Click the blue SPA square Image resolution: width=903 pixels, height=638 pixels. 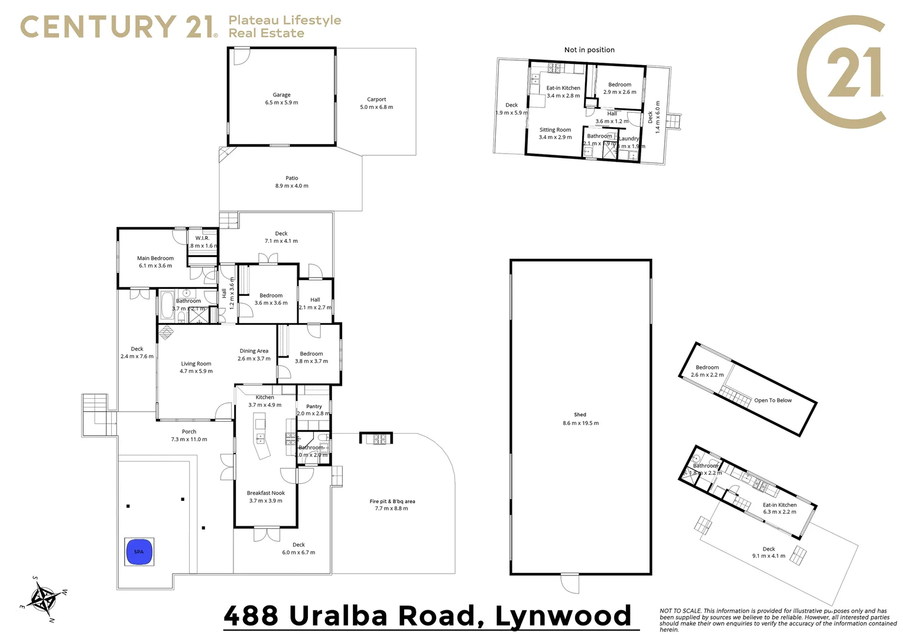click(x=139, y=552)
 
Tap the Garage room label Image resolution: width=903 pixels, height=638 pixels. click(x=281, y=99)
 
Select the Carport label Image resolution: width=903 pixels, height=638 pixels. click(x=376, y=103)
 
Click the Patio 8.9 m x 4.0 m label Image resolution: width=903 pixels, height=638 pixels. click(x=291, y=182)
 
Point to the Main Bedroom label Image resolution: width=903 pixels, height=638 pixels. click(x=155, y=262)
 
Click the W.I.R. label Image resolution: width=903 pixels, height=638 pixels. click(x=203, y=239)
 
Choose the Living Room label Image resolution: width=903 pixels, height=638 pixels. click(x=196, y=367)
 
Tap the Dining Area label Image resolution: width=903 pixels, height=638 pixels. click(x=254, y=354)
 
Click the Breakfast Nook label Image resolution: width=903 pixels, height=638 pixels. click(x=265, y=496)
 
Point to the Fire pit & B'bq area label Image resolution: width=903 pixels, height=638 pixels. click(x=392, y=504)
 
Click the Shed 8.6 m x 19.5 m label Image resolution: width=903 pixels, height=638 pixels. click(x=580, y=419)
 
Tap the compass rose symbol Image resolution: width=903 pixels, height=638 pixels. click(x=43, y=598)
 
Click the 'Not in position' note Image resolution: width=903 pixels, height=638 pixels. click(x=589, y=50)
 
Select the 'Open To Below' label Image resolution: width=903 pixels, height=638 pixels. click(x=772, y=401)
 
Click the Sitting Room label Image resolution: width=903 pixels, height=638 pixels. click(x=555, y=134)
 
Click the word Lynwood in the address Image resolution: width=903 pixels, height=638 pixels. click(x=563, y=616)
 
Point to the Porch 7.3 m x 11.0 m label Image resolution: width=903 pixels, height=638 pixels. click(x=189, y=435)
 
